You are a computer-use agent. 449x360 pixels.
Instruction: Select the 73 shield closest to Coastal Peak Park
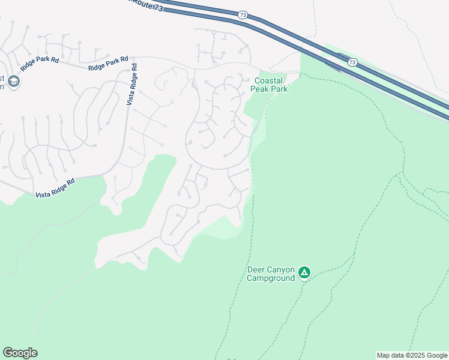pos(352,62)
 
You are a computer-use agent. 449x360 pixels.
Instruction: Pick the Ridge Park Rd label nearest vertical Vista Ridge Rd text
pos(109,64)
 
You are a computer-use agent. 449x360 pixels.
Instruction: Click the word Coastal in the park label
pos(268,81)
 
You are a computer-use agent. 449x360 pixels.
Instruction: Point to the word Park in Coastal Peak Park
pos(279,89)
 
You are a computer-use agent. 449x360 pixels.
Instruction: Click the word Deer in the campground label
pos(256,269)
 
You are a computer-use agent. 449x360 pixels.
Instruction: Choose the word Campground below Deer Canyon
pos(271,278)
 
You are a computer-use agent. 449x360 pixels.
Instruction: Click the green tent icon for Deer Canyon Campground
pos(304,273)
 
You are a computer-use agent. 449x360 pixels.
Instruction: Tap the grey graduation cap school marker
pos(14,82)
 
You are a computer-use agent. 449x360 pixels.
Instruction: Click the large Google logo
pos(20,353)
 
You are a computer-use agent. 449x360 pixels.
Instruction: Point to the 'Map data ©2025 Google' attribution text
pos(412,355)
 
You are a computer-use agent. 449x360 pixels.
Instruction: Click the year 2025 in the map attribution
pos(416,355)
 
